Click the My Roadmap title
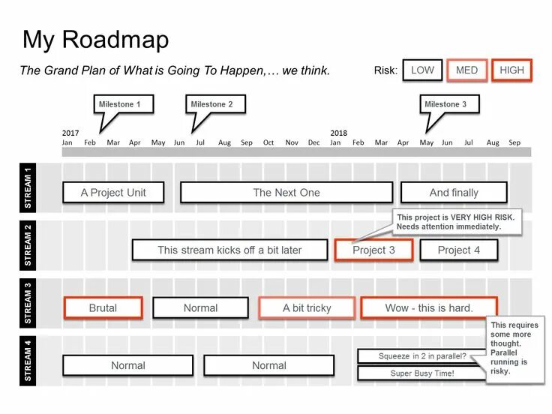95,40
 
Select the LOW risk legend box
422,70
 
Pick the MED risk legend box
466,70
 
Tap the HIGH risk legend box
511,70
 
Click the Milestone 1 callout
124,104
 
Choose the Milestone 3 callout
449,104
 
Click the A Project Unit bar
113,193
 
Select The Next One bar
286,193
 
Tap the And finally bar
454,193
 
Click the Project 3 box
373,250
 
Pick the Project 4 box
458,250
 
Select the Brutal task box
103,307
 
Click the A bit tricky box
306,307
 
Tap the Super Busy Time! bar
421,373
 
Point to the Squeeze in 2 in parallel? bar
421,356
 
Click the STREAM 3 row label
28,303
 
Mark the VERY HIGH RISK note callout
456,221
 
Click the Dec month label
313,142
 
